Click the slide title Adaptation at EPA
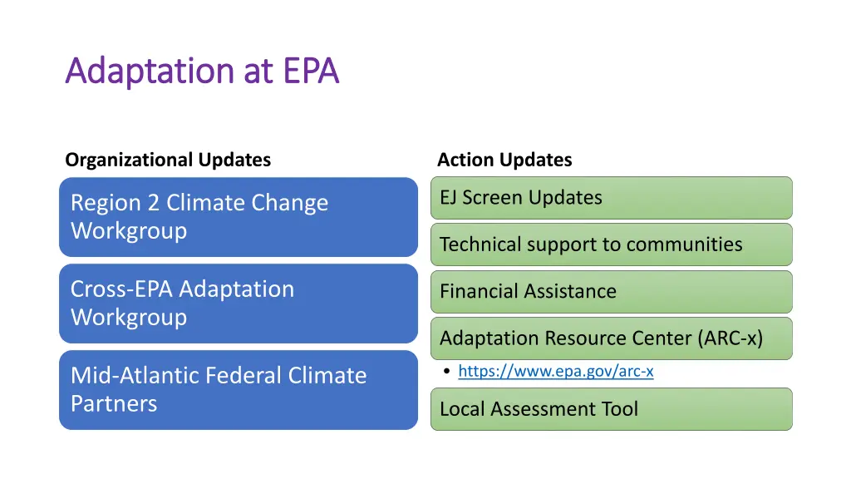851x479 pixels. (202, 72)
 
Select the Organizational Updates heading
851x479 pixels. (168, 160)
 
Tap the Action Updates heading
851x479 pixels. (504, 160)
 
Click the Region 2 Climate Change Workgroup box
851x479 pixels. (238, 216)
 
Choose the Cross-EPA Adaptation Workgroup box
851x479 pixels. (238, 303)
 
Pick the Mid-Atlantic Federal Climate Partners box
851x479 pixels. (238, 389)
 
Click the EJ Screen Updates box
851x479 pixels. (611, 198)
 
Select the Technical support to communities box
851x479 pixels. (611, 244)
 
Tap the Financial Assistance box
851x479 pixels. (611, 292)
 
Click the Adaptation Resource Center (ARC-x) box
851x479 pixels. (611, 338)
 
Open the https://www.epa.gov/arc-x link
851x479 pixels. (555, 372)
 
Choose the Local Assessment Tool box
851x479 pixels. (611, 409)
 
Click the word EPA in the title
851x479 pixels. (311, 72)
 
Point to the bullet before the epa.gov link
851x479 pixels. (448, 372)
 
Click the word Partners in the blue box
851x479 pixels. (114, 404)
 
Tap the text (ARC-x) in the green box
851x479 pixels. (730, 338)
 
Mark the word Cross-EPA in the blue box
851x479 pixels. (123, 289)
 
